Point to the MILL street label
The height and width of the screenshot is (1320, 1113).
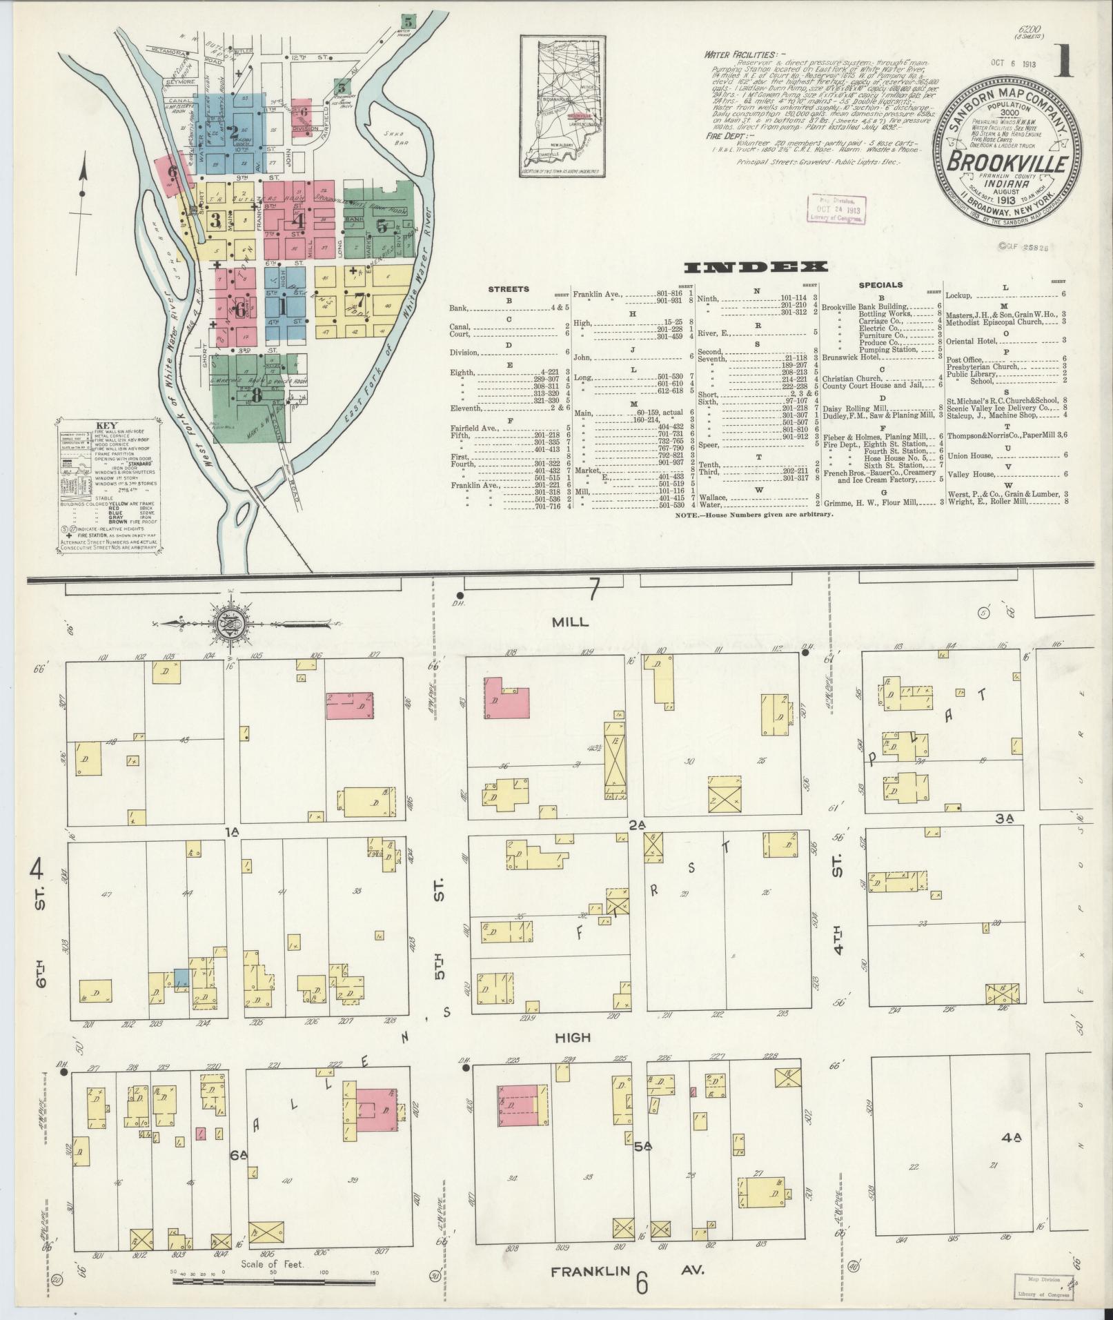[570, 622]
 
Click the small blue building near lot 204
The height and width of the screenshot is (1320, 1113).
[181, 978]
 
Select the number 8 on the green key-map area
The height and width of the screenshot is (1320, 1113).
[257, 395]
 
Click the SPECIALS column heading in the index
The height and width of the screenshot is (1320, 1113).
[880, 284]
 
